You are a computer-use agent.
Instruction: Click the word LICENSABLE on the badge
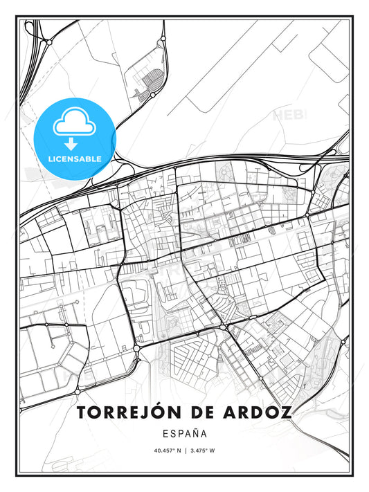(x=75, y=158)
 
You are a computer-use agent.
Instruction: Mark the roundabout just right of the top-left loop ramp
(x=48, y=42)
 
